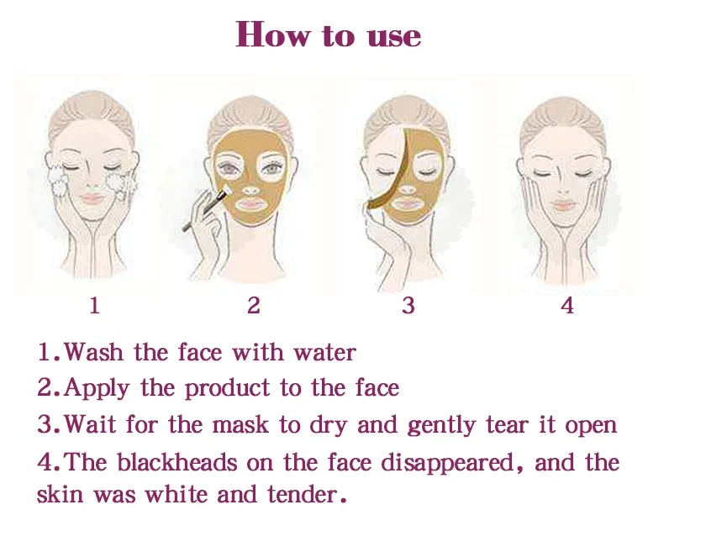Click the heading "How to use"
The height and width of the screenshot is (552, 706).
(329, 35)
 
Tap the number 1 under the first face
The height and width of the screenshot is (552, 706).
(94, 306)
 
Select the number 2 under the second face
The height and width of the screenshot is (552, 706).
(254, 306)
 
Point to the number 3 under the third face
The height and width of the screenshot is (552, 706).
(408, 306)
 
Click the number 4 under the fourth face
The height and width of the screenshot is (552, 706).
(567, 306)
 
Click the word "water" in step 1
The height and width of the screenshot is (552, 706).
(324, 352)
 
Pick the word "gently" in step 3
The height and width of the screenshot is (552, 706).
(444, 424)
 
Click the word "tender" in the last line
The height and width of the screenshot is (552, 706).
(306, 494)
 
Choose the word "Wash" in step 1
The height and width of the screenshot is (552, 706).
(92, 352)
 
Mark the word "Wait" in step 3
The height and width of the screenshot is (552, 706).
(90, 424)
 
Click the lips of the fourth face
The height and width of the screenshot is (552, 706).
(562, 204)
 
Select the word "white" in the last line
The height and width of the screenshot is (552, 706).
(177, 494)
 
